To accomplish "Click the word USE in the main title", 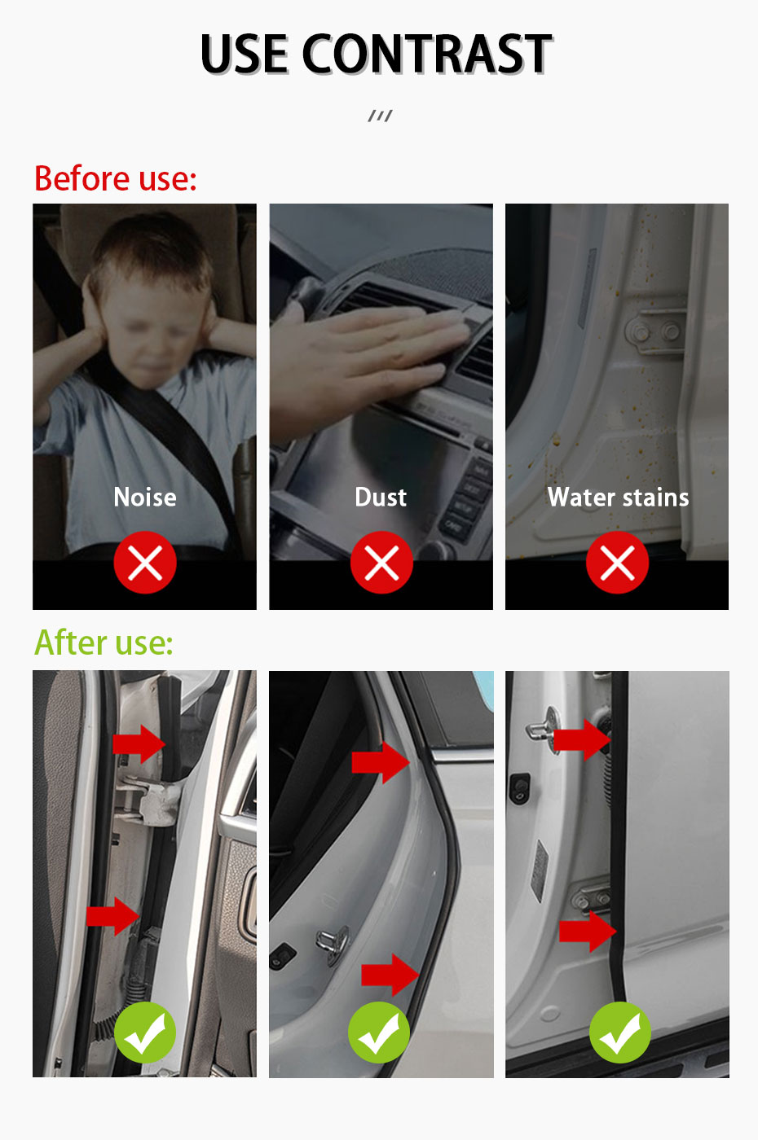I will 245,55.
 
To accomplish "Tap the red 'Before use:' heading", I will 116,178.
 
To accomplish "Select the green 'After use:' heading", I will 104,642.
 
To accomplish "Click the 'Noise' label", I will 145,497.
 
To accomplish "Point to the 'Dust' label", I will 381,497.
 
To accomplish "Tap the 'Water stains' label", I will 618,497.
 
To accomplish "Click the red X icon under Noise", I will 145,563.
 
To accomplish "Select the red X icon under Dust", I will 381,563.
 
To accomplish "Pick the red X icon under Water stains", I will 617,563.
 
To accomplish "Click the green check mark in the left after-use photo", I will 145,1033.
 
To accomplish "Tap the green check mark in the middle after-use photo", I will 379,1033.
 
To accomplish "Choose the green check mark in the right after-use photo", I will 620,1033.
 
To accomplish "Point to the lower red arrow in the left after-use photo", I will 113,916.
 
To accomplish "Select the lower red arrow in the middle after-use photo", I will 390,974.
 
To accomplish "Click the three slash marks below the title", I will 380,116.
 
